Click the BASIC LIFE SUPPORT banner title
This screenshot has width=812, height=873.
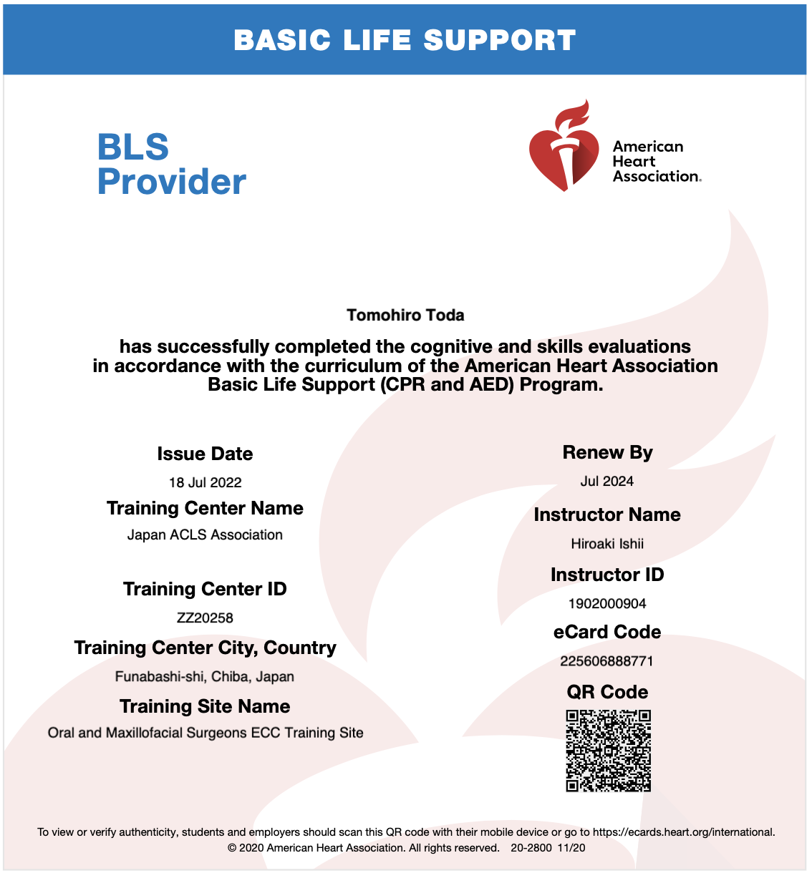[405, 40]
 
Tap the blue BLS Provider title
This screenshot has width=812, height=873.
[171, 165]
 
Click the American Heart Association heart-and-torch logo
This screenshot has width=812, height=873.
[564, 147]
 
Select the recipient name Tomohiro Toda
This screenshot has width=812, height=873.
[405, 315]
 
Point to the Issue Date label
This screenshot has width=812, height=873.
[205, 454]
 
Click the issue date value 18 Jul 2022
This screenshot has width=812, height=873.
[205, 482]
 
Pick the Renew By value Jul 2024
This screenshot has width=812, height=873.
[606, 481]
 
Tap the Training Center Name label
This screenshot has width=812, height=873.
[205, 508]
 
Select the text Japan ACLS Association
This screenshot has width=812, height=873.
[205, 535]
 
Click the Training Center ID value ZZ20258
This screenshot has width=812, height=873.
[205, 618]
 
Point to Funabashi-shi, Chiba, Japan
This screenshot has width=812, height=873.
[205, 676]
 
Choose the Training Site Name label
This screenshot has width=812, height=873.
[205, 706]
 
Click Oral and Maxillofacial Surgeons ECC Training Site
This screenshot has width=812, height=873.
[206, 733]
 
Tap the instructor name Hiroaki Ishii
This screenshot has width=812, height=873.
[607, 544]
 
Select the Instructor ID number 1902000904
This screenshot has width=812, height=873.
[607, 603]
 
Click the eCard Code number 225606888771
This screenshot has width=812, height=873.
[606, 660]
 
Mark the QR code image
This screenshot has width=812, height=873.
[608, 751]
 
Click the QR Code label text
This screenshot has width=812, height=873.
[607, 692]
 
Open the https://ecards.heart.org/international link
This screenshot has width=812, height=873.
[683, 832]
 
